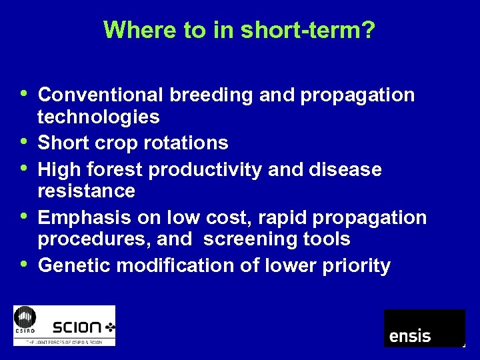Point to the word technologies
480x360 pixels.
click(x=99, y=117)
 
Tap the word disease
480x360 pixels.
click(x=346, y=170)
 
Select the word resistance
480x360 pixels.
click(x=87, y=191)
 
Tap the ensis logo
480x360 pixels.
click(x=424, y=328)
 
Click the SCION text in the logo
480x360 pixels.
click(x=77, y=327)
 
